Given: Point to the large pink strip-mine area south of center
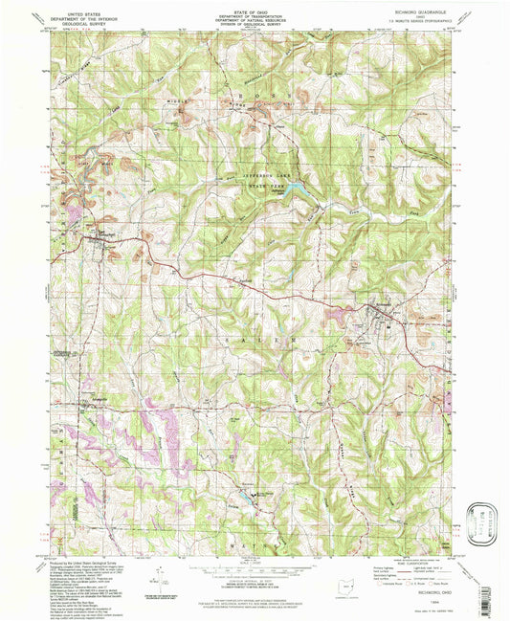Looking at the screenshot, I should click(153, 421).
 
